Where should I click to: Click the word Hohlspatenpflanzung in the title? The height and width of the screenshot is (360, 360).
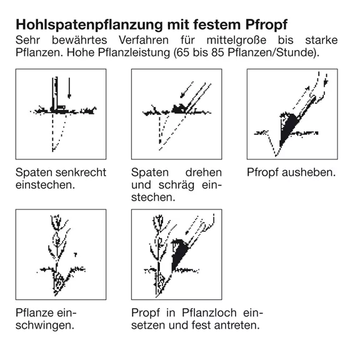(89, 25)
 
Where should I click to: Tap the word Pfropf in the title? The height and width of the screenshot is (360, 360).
(266, 25)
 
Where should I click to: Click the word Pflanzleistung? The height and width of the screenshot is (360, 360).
(134, 53)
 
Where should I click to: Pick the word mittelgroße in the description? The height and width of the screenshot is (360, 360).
(236, 41)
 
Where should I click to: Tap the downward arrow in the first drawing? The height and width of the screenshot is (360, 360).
(69, 88)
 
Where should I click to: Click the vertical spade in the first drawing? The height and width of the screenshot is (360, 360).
(55, 94)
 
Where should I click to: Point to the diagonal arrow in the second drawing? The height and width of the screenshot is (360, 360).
(187, 89)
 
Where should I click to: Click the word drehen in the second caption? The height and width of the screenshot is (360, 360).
(203, 172)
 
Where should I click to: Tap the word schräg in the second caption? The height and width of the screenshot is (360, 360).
(176, 185)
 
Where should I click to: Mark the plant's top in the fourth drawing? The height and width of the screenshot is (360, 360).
(57, 222)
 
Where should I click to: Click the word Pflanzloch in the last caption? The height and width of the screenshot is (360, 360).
(209, 313)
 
